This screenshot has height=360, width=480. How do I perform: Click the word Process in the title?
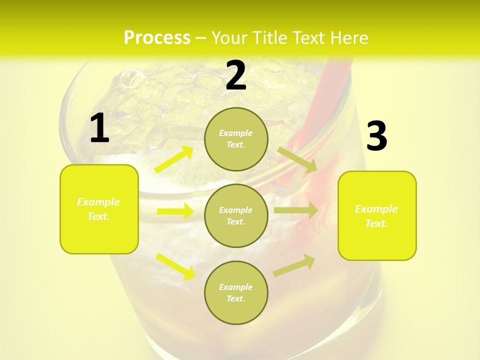157,38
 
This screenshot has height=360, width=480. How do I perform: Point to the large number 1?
99,128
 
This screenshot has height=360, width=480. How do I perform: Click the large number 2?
236,75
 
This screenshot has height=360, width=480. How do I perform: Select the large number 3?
377,136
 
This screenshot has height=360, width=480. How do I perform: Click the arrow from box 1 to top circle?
174,159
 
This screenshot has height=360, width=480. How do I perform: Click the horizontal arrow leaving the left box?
175,211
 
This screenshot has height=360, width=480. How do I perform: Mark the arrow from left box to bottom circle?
175,266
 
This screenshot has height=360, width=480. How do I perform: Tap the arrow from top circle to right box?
297,159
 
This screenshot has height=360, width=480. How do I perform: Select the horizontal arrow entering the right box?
295,210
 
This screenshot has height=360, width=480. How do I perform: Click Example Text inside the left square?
99,209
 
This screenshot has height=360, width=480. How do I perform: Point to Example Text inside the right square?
376,216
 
